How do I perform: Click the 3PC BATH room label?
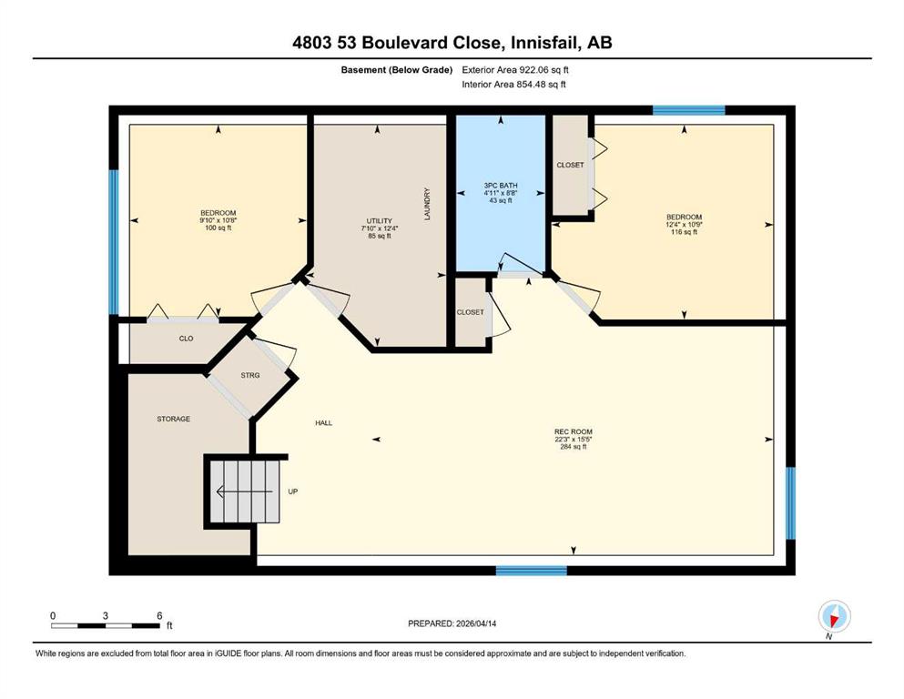click(x=501, y=186)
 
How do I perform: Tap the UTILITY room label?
click(x=380, y=220)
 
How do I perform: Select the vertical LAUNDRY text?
click(x=427, y=204)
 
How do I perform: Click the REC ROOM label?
click(x=573, y=431)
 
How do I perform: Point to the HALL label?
click(x=323, y=423)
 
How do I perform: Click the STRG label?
click(x=250, y=375)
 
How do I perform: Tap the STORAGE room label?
click(x=174, y=419)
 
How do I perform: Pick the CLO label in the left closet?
click(x=187, y=339)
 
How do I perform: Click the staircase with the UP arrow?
click(x=245, y=491)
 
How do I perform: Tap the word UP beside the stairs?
click(x=293, y=491)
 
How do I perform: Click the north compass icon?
click(x=834, y=617)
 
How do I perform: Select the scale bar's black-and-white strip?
click(x=106, y=626)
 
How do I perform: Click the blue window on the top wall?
click(x=688, y=110)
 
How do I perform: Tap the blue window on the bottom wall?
click(x=532, y=571)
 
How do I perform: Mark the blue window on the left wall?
click(x=114, y=242)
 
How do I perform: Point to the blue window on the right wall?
click(x=791, y=503)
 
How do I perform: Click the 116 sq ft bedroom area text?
click(x=685, y=232)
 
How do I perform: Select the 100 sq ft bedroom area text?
click(x=218, y=228)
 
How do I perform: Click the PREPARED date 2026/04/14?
click(x=476, y=623)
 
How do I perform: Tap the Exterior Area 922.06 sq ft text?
click(x=515, y=70)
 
